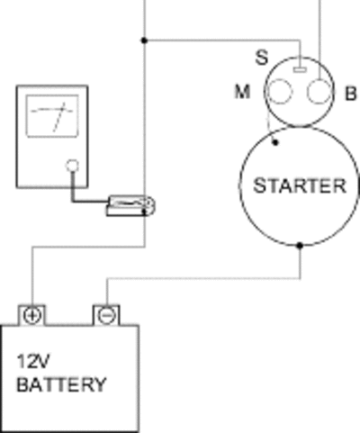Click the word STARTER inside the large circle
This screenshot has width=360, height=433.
point(300,185)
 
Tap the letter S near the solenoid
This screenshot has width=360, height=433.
point(262,58)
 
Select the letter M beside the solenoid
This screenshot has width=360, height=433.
point(242,92)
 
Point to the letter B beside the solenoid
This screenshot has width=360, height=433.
point(351,94)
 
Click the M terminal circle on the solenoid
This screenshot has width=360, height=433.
point(279,91)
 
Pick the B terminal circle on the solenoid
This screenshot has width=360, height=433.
point(319,91)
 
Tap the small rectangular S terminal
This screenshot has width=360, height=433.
point(300,70)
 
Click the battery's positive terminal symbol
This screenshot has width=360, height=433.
point(31,316)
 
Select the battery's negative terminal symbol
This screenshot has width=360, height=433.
point(106,316)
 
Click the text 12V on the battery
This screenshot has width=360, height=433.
point(33,361)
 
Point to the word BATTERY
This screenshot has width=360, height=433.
point(61,384)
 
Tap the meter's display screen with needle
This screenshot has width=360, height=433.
point(52,116)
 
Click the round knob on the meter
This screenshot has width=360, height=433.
point(72,166)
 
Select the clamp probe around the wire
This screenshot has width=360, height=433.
point(130,206)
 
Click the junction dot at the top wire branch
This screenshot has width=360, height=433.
point(144,40)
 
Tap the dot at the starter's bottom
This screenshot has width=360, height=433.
point(300,246)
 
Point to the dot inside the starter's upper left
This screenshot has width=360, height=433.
point(275,142)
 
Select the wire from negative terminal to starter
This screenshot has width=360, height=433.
point(204,279)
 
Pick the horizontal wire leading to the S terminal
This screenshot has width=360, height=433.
point(222,40)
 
